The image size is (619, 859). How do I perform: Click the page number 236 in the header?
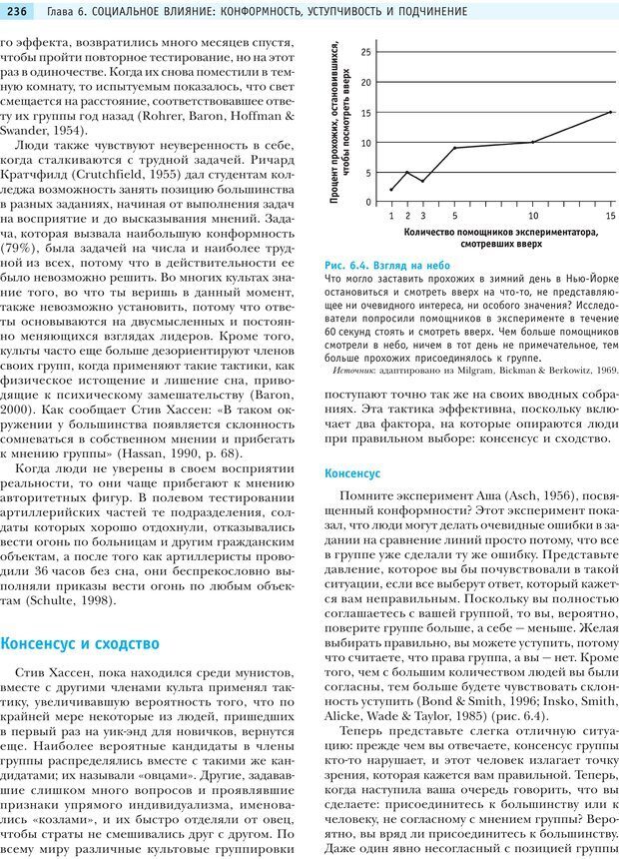(x=21, y=10)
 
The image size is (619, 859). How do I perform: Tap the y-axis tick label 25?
(x=366, y=51)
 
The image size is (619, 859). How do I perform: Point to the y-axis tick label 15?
(x=366, y=113)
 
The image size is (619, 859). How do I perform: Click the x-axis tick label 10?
(x=533, y=216)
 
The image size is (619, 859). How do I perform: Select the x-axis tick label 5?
(x=454, y=216)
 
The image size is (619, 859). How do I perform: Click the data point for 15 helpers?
(x=611, y=112)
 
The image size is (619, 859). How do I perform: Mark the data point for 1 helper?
(x=391, y=190)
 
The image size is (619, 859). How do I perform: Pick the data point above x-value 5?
(x=454, y=148)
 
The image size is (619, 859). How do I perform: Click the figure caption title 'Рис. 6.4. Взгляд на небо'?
(x=387, y=264)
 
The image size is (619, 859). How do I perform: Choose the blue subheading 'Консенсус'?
(x=353, y=472)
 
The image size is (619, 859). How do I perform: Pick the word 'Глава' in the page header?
(x=64, y=10)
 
